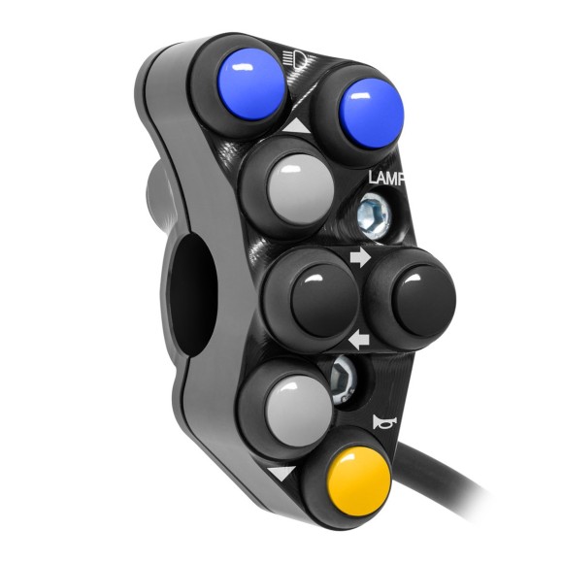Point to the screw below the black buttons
(x=345, y=374)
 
